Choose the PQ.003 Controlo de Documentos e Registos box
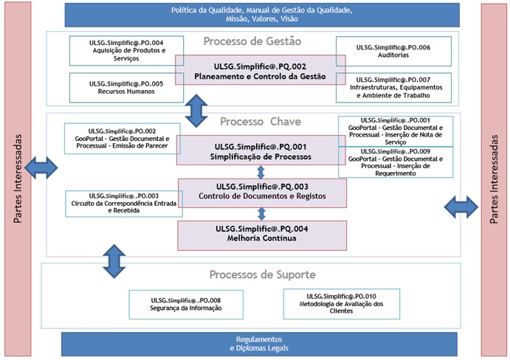pos(262,192)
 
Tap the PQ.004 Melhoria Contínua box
pos(262,235)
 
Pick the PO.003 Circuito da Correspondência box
pos(122,204)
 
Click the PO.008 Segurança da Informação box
pos(185,305)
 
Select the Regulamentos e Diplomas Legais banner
pos(255,344)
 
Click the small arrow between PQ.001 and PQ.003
pos(261,172)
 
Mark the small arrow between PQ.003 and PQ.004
pos(261,213)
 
